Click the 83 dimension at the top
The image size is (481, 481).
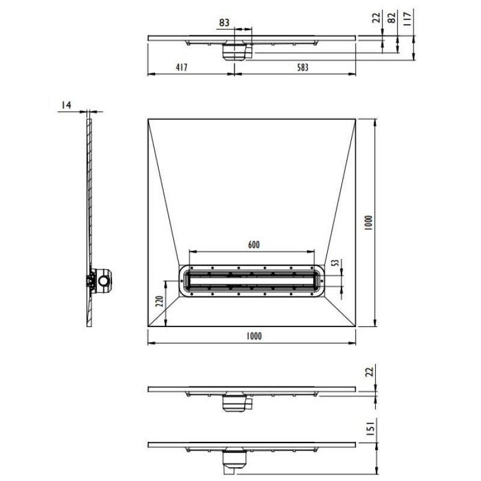(x=224, y=22)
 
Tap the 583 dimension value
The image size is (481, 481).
(x=302, y=68)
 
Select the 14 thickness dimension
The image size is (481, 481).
(x=66, y=106)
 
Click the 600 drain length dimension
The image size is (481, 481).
(x=254, y=245)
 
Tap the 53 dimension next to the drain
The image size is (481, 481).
(x=336, y=262)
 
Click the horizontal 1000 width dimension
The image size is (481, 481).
(x=254, y=336)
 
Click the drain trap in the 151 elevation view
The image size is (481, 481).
(x=234, y=461)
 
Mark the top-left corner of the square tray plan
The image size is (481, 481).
(x=148, y=119)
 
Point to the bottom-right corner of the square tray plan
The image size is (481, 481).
(x=357, y=328)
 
